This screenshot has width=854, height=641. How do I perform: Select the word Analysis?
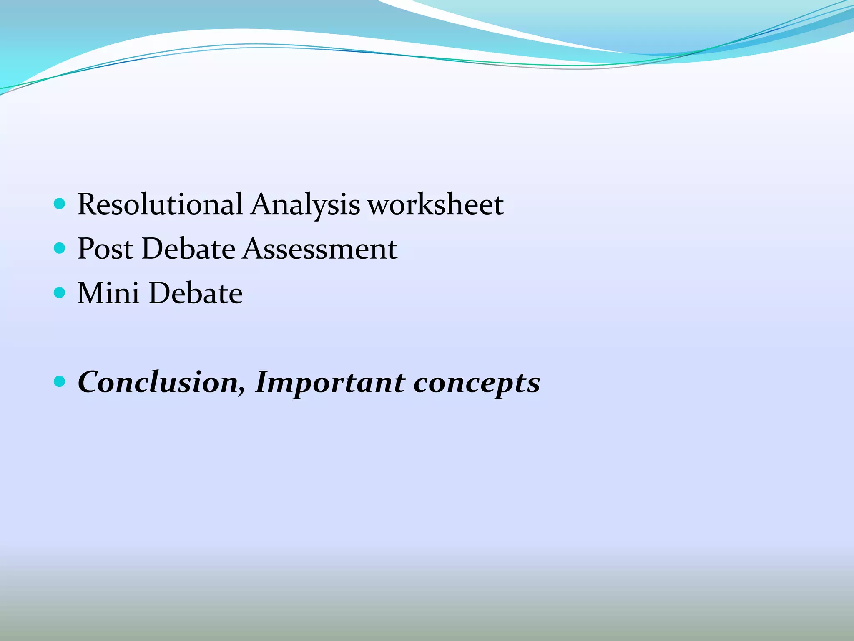pos(305,205)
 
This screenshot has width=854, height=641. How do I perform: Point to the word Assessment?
pos(320,249)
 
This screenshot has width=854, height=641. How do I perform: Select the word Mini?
pos(108,293)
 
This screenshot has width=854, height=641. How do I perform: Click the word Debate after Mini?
pos(196,293)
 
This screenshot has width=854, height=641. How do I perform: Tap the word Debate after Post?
pos(188,249)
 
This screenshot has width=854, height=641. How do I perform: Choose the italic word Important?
pos(329,383)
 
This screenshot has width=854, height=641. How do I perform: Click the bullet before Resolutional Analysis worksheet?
pos(60,204)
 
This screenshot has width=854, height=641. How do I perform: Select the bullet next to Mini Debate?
pos(60,293)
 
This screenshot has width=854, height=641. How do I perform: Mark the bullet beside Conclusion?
pos(60,381)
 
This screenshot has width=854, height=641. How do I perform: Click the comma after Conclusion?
pos(241,391)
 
